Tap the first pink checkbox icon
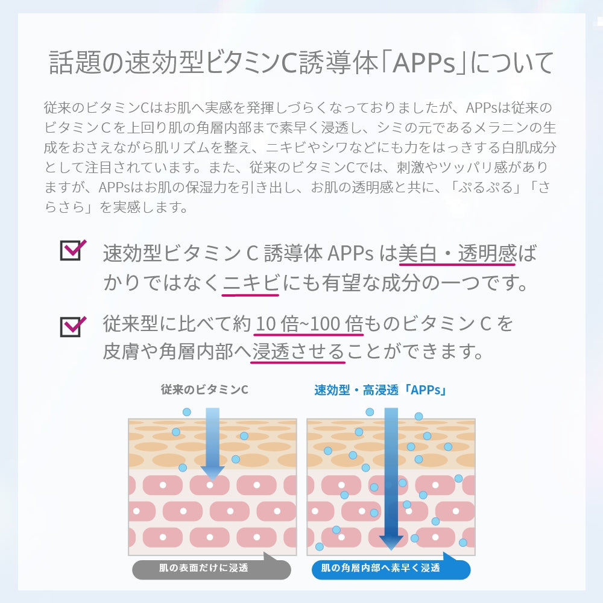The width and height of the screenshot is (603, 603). tap(72, 250)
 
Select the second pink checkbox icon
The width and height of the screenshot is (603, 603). tap(72, 326)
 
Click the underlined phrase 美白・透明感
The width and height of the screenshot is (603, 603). tap(456, 254)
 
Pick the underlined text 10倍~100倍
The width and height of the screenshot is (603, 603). tap(308, 324)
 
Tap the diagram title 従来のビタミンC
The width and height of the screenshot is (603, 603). tap(204, 390)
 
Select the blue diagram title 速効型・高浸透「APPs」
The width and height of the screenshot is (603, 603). tap(380, 390)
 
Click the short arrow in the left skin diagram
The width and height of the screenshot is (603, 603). tap(212, 443)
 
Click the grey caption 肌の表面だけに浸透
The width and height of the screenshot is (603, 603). tap(203, 568)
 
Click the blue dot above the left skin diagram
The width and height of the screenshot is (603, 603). tap(187, 412)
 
